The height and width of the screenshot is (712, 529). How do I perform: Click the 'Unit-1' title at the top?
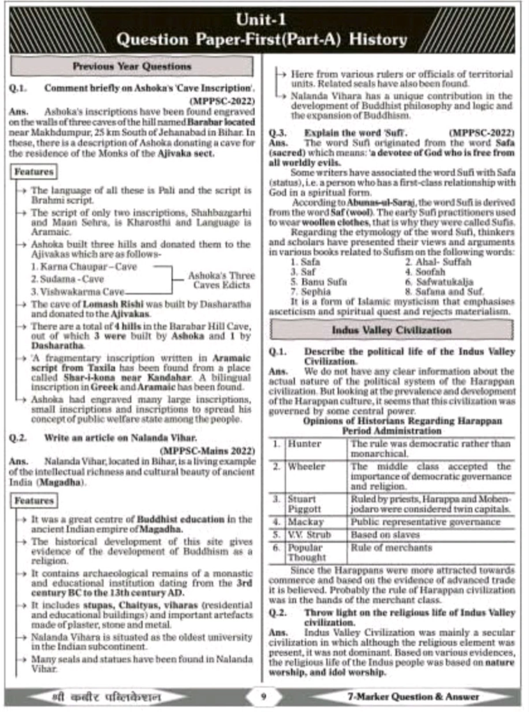(x=261, y=19)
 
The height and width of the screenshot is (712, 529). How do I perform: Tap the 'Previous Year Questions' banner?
(x=132, y=67)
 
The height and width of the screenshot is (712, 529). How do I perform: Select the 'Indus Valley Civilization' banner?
(x=391, y=330)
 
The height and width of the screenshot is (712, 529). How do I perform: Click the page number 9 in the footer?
(x=264, y=697)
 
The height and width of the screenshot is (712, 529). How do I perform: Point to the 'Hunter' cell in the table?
(x=304, y=444)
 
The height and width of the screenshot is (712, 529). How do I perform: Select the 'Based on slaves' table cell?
(x=385, y=535)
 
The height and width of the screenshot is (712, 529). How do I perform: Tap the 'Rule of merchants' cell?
(x=391, y=548)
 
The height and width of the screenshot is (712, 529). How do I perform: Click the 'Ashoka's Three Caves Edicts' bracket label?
(x=221, y=280)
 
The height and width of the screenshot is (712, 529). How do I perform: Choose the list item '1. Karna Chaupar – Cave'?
(x=84, y=267)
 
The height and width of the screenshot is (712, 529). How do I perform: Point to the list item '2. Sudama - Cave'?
(x=67, y=279)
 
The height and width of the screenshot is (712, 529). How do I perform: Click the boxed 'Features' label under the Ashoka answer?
(x=34, y=172)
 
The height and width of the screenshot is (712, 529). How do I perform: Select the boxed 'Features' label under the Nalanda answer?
(x=34, y=501)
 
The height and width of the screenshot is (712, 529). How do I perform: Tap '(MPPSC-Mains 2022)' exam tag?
(x=207, y=451)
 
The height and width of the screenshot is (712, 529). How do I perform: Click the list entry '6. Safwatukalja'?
(x=439, y=282)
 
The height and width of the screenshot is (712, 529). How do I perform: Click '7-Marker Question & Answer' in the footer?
(x=413, y=697)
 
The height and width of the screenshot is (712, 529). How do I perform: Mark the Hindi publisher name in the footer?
(x=106, y=697)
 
